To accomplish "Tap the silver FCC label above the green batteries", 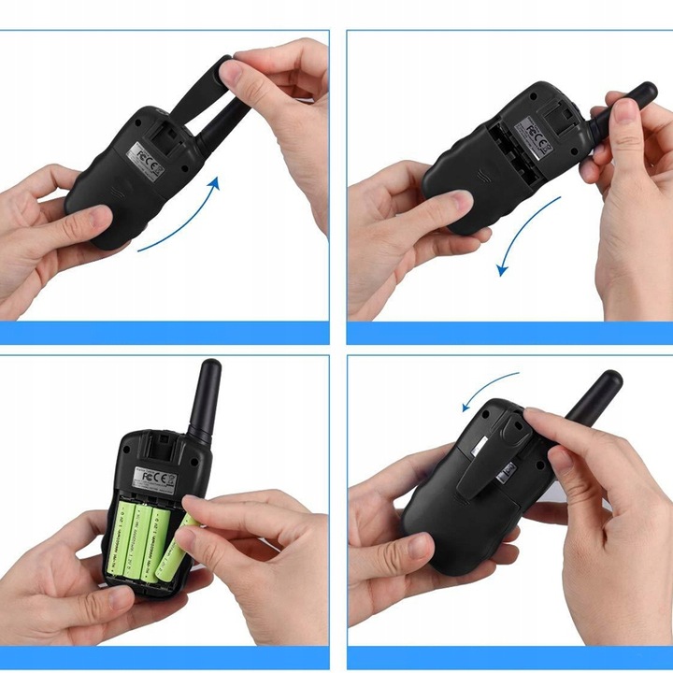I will pyautogui.click(x=155, y=478).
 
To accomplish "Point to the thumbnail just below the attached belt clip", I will pyautogui.click(x=419, y=545).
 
